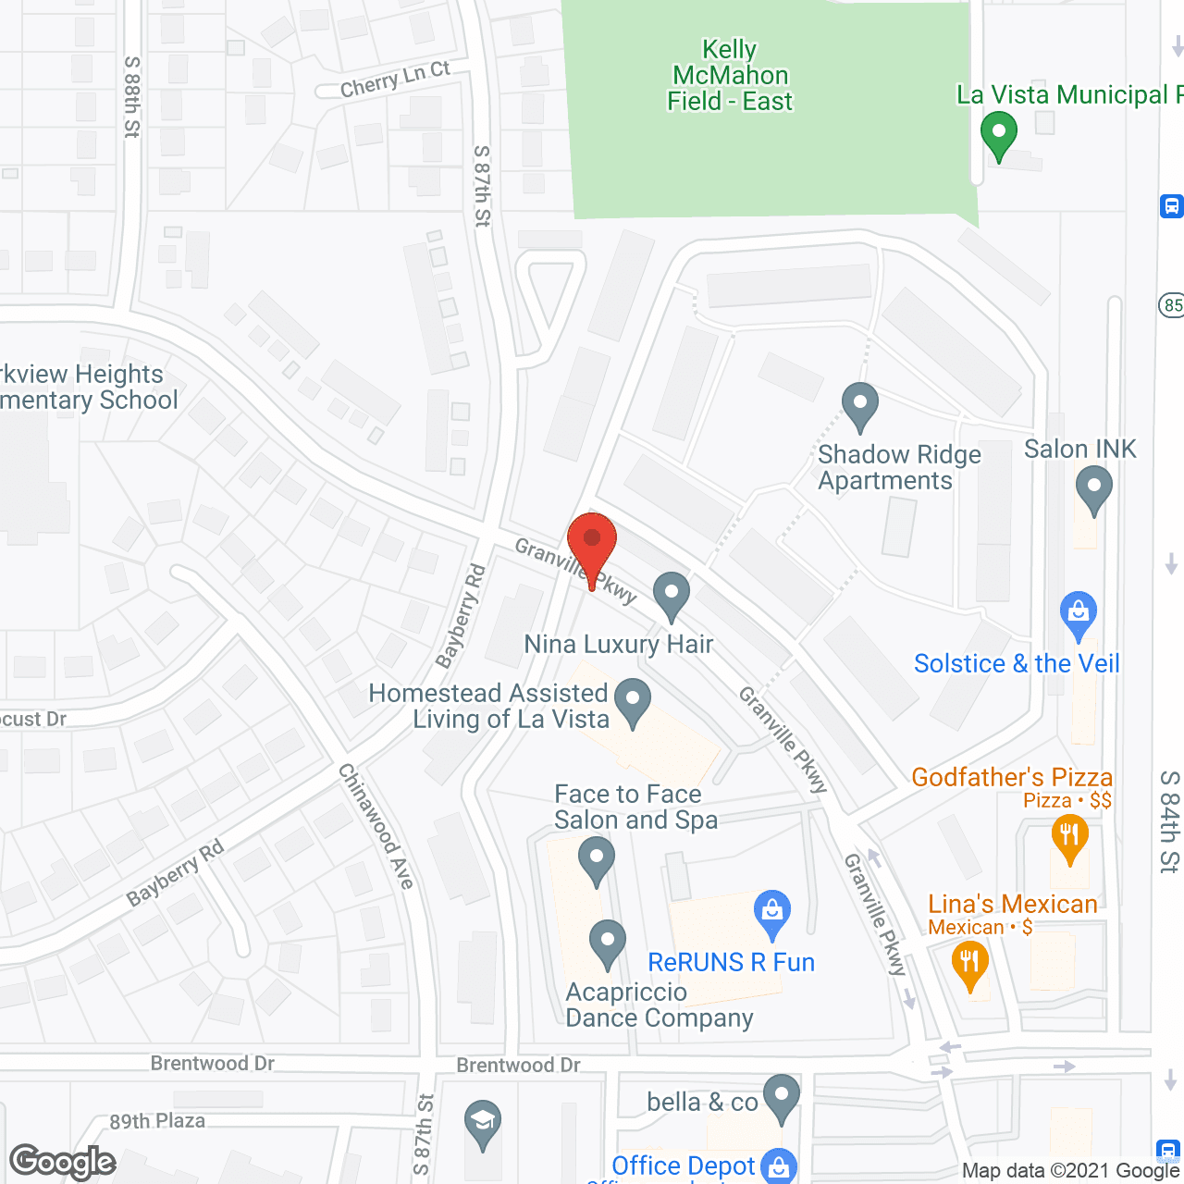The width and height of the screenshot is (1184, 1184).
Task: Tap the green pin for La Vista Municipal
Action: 998,135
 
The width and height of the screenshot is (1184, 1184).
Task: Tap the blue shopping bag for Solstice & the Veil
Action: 1079,614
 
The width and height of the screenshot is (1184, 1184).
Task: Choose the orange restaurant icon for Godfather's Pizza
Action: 1069,836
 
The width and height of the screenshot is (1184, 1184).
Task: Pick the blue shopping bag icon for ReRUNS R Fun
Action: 771,913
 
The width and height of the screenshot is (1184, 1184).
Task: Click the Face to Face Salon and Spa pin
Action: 597,859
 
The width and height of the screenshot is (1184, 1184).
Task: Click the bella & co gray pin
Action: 782,1097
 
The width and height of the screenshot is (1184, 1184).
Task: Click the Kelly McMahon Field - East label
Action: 730,75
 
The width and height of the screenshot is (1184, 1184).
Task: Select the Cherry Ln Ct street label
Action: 394,80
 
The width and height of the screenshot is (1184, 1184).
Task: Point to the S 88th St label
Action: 131,97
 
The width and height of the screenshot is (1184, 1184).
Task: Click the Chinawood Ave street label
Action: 376,826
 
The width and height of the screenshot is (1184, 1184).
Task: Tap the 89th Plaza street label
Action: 157,1121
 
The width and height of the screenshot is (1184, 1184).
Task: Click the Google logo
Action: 63,1162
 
